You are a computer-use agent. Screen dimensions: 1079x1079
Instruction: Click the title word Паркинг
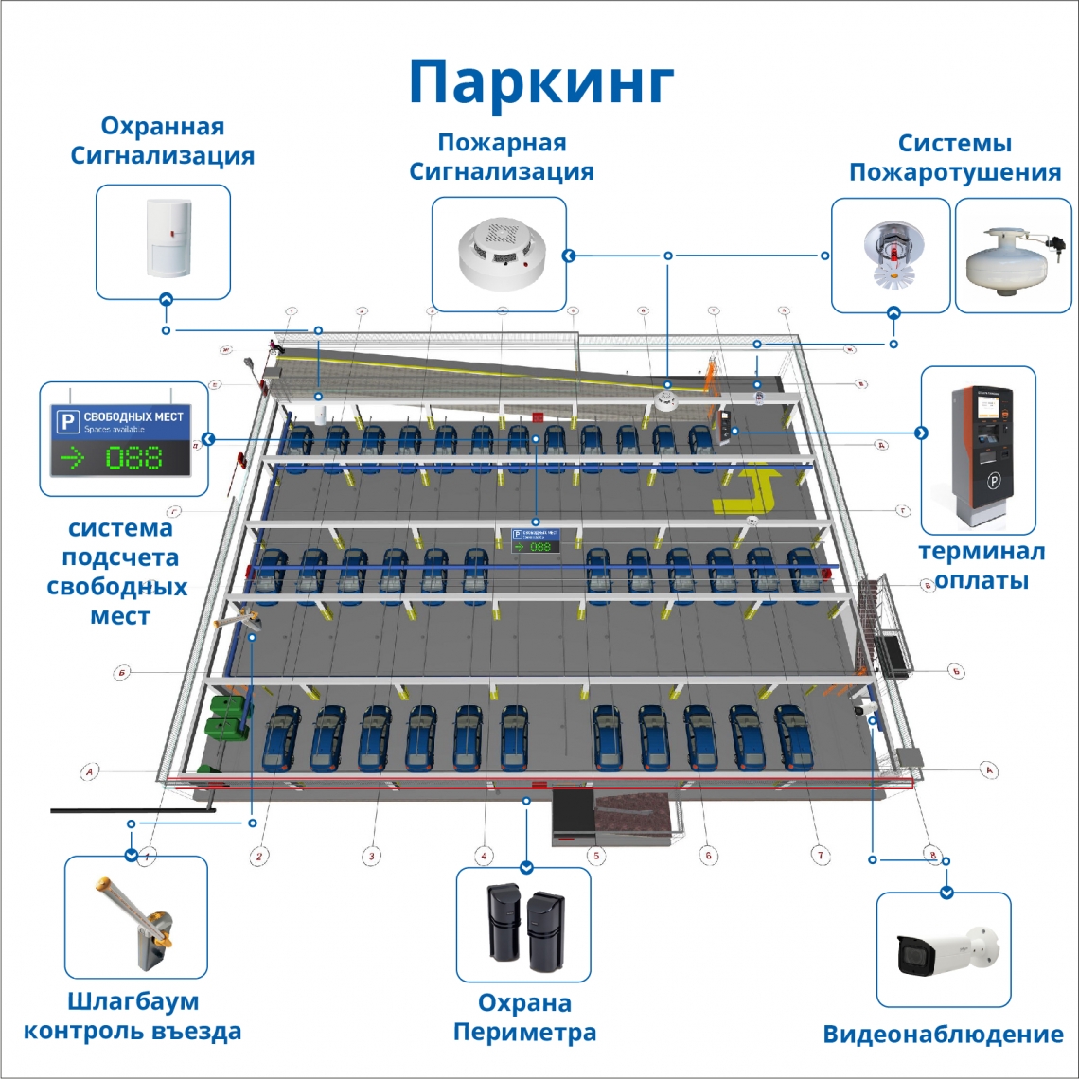click(541, 83)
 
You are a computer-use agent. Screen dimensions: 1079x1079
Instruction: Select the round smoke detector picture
click(499, 254)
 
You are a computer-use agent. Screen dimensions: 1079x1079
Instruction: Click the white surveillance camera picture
click(944, 950)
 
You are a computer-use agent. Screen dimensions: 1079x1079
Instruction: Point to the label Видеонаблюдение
click(943, 1035)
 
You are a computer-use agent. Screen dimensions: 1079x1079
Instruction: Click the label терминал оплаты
click(982, 566)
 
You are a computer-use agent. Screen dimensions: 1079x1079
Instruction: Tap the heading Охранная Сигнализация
click(163, 141)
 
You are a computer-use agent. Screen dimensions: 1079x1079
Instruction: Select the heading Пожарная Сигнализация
click(501, 157)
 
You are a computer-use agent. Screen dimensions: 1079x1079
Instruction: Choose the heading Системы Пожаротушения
click(954, 158)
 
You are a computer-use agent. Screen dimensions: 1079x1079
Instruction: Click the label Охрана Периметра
click(524, 1017)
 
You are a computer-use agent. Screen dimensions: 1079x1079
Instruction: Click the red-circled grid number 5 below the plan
click(595, 855)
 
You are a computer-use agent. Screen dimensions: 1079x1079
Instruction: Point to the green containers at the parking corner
click(225, 716)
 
